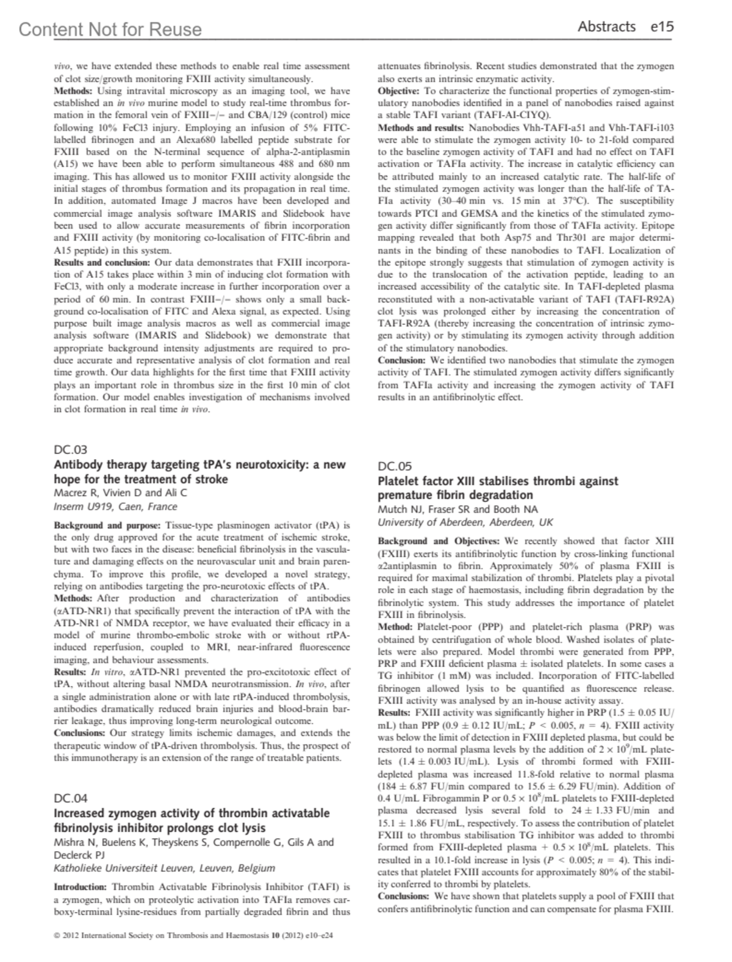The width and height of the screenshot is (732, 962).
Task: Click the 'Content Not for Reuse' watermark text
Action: coord(110,29)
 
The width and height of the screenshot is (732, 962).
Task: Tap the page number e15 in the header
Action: coord(662,26)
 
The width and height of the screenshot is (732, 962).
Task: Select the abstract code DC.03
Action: coord(71,450)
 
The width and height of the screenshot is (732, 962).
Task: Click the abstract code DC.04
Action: coord(71,798)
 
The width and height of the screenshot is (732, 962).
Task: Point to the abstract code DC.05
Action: coord(395,466)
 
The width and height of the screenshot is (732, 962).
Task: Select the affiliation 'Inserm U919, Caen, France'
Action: coord(116,507)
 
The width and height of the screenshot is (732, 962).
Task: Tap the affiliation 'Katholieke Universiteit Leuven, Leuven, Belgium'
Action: coord(165,868)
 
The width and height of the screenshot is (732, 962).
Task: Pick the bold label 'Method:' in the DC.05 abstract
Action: coord(396,627)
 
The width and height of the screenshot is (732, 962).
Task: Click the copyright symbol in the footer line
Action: coord(57,935)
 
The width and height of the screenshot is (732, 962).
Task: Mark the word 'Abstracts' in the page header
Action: coord(606,26)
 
